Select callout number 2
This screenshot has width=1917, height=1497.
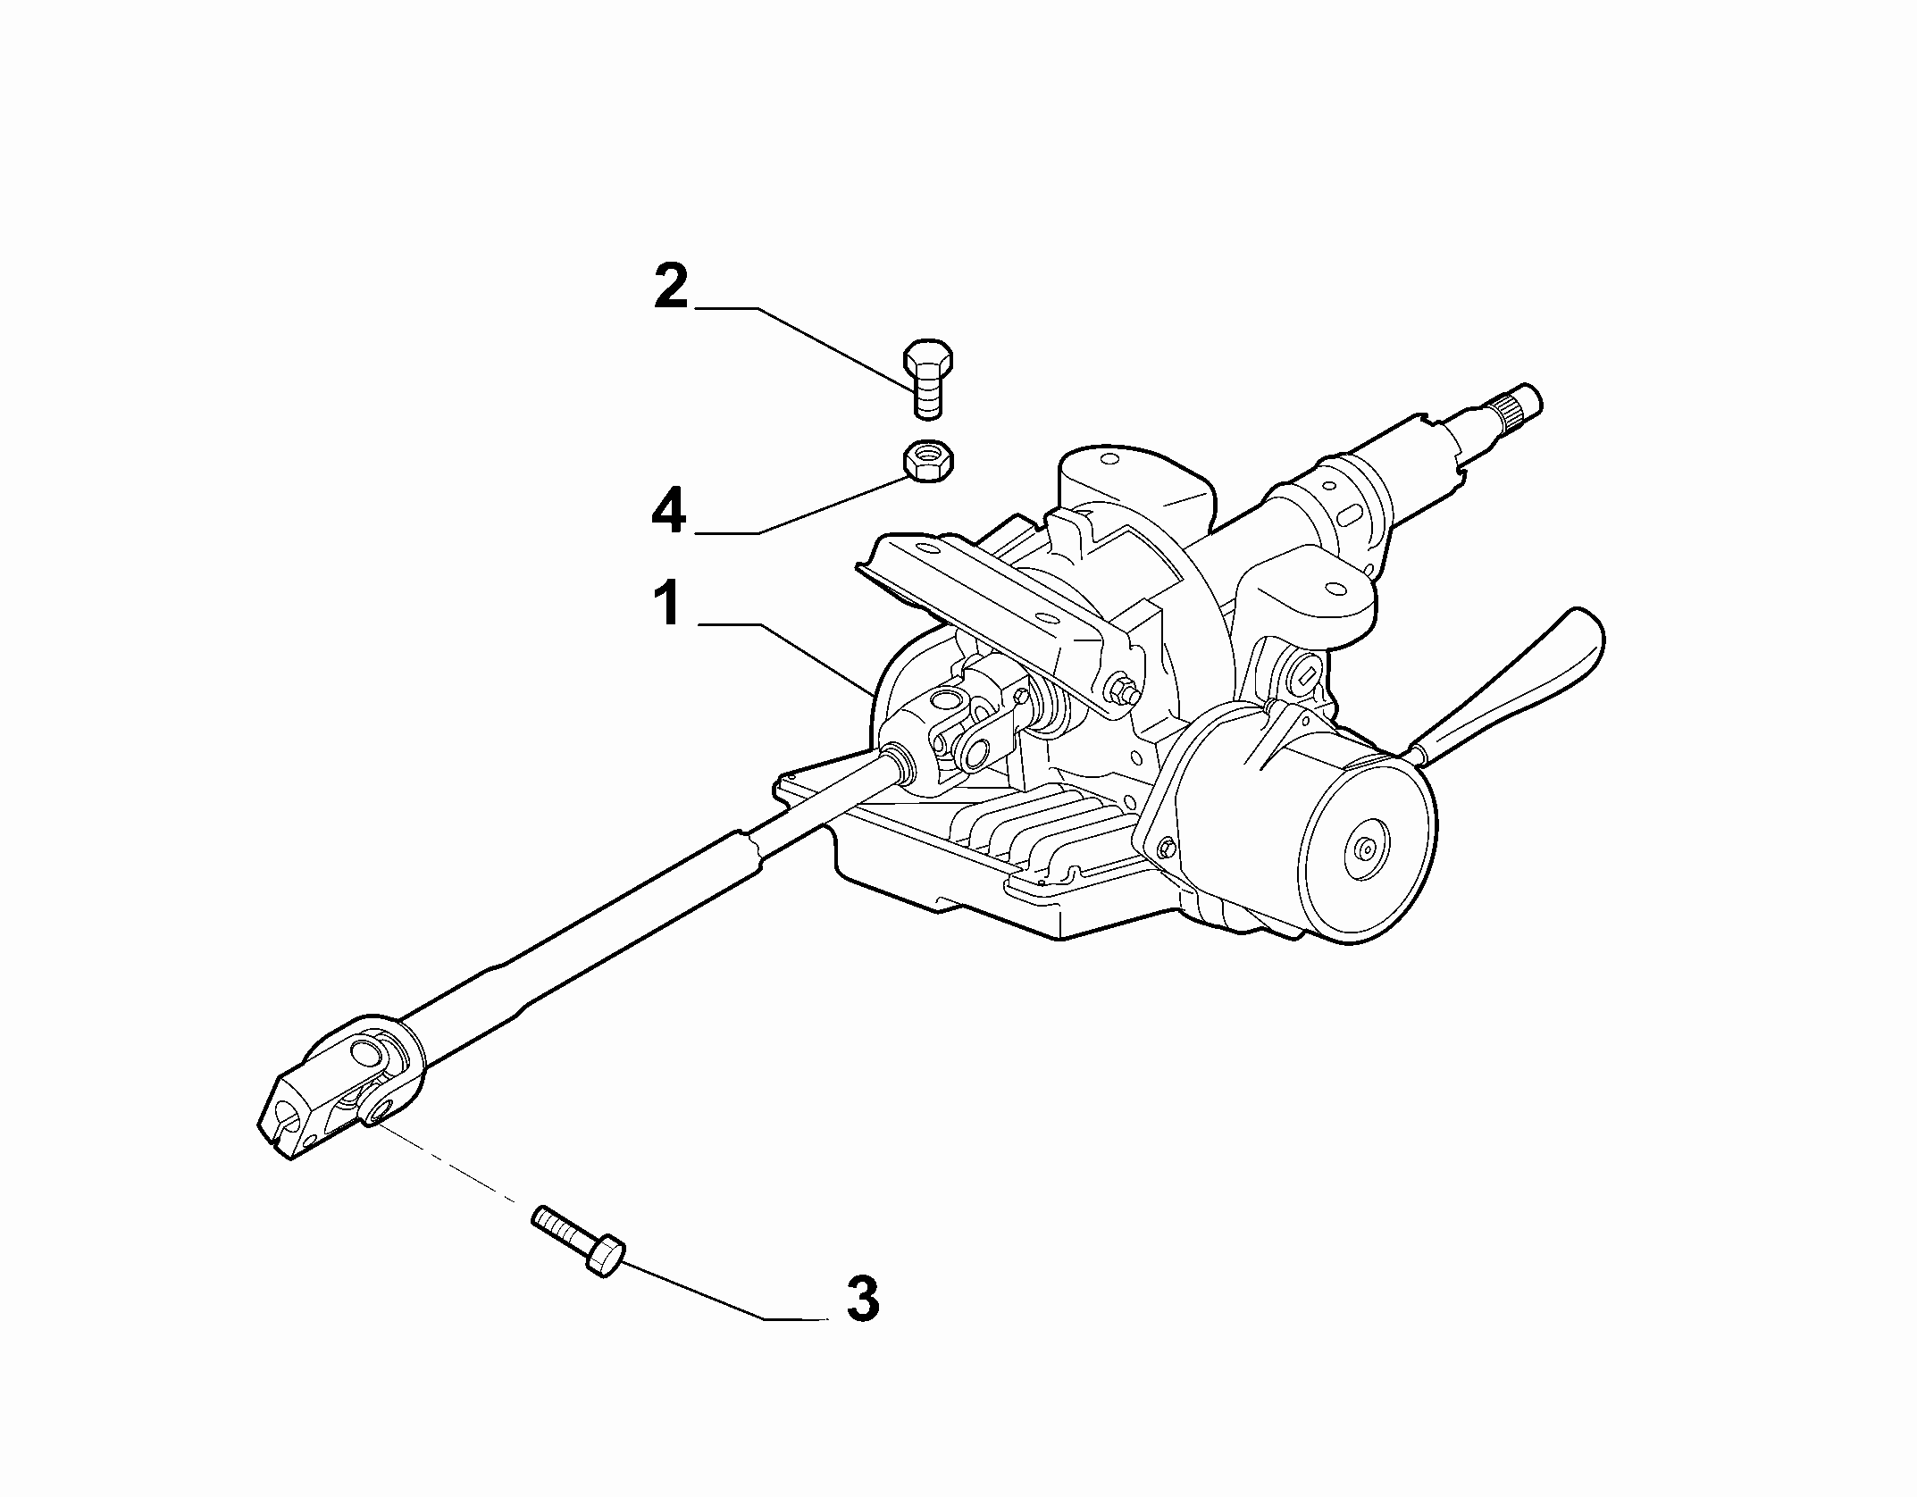[671, 287]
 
